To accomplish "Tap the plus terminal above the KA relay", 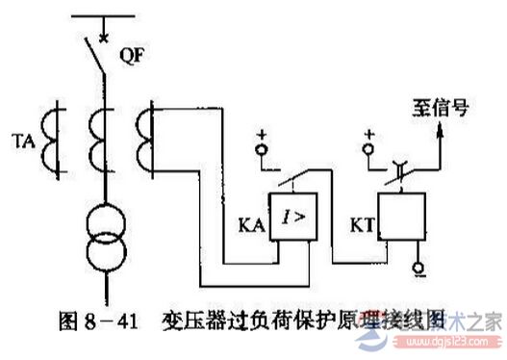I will (x=258, y=151).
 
